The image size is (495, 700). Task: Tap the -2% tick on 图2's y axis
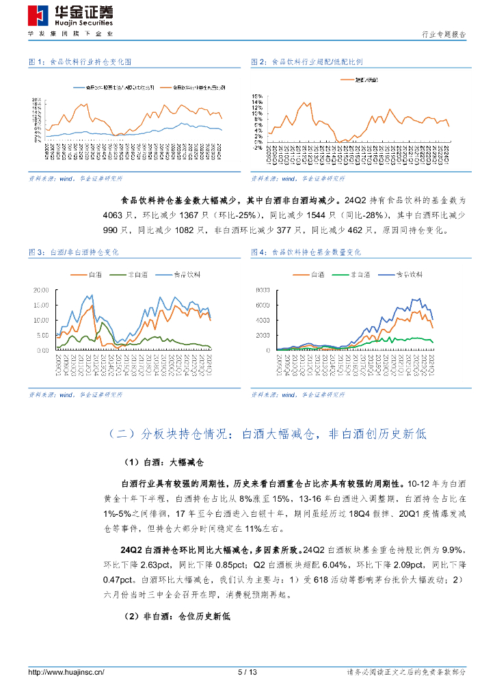(x=258, y=147)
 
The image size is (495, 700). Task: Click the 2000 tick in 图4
(x=264, y=335)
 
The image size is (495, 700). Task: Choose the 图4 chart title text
(x=315, y=252)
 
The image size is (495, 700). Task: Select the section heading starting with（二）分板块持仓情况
(x=267, y=433)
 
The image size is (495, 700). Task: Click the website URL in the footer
(x=66, y=673)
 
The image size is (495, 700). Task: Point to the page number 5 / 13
(x=247, y=673)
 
